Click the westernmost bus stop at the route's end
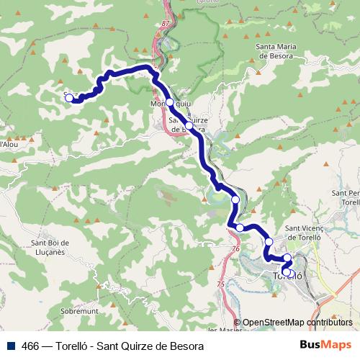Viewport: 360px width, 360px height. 70,99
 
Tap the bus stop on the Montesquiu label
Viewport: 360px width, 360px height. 170,103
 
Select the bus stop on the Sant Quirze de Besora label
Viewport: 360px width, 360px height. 189,125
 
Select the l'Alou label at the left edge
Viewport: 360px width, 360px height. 8,145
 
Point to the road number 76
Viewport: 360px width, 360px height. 235,248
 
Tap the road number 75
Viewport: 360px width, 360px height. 220,284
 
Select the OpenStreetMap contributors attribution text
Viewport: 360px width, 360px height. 297,323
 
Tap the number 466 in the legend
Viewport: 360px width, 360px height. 30,346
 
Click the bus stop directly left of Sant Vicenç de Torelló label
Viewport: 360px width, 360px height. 268,241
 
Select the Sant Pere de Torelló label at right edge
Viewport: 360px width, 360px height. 345,199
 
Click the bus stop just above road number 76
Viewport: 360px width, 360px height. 240,228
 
